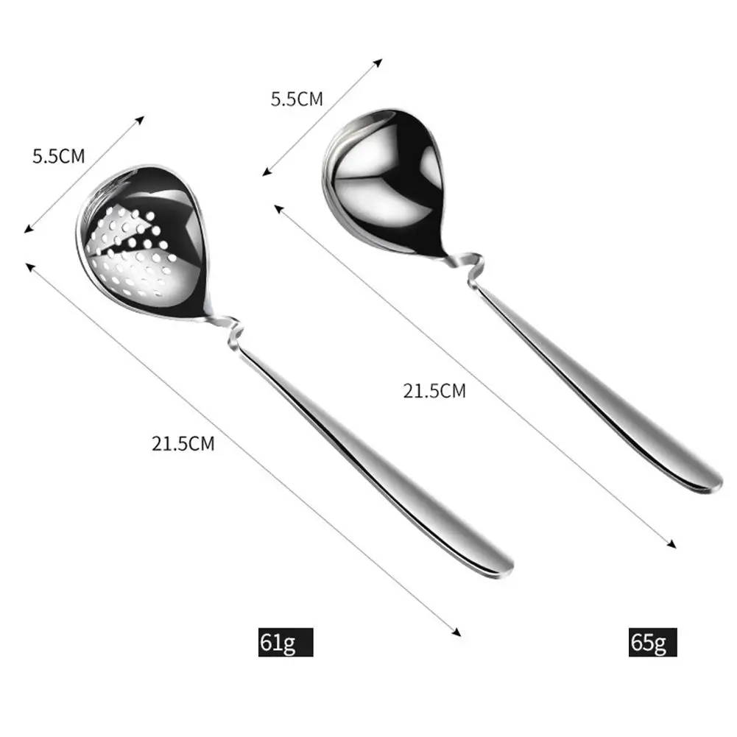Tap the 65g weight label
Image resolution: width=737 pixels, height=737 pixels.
(649, 643)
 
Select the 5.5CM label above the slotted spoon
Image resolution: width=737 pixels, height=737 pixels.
(59, 157)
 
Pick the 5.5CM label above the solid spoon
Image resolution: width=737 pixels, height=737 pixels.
(297, 99)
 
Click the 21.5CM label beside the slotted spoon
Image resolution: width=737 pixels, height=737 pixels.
(183, 444)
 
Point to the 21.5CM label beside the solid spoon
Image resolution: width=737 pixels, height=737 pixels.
(434, 391)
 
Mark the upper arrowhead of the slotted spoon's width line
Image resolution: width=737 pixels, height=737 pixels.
(142, 119)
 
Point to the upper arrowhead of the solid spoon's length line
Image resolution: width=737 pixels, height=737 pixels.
(278, 208)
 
